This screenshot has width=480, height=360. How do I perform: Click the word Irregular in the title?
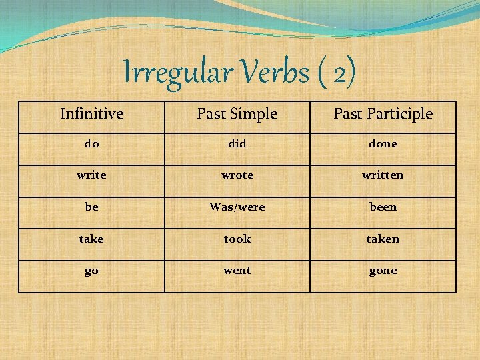[x=176, y=73]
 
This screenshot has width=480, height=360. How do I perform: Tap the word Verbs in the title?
[x=271, y=73]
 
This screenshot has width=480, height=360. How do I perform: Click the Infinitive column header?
[x=91, y=114]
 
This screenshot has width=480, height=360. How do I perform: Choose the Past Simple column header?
[x=237, y=114]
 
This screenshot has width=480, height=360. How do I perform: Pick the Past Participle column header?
[x=383, y=114]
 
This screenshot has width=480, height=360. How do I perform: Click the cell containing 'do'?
[x=91, y=143]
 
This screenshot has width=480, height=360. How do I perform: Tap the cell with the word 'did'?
[x=237, y=143]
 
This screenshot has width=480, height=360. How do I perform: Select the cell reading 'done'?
[x=383, y=143]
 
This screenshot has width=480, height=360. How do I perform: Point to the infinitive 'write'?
[x=91, y=175]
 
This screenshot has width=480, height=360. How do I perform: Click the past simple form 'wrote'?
[x=237, y=175]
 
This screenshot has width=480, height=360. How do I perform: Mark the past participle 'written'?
[x=383, y=175]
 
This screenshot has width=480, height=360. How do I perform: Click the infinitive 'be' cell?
[x=91, y=207]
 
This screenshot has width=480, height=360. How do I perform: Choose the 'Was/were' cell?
[x=237, y=207]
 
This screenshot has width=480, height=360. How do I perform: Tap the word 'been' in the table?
[x=383, y=207]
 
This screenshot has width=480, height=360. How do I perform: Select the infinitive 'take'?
[x=91, y=239]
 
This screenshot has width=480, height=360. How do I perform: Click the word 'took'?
[x=237, y=239]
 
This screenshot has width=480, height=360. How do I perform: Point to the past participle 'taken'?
[x=383, y=239]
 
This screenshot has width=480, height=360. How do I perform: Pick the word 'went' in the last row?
[x=237, y=271]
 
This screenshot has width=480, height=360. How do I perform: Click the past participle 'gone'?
[x=383, y=271]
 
